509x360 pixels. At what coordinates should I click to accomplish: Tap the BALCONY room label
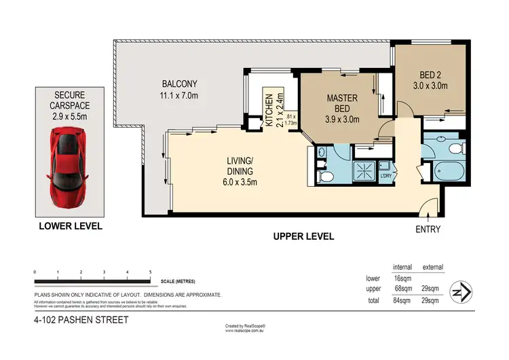point(174,90)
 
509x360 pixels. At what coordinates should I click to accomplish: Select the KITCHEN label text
point(269,110)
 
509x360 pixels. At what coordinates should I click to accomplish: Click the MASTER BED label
point(342,108)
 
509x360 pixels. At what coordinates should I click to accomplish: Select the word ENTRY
point(428,230)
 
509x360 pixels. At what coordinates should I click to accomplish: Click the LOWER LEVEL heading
point(67,224)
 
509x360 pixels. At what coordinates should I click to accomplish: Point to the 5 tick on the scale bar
point(149,272)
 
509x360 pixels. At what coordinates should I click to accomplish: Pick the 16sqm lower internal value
point(403,278)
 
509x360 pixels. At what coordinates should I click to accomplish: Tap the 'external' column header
point(433,267)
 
